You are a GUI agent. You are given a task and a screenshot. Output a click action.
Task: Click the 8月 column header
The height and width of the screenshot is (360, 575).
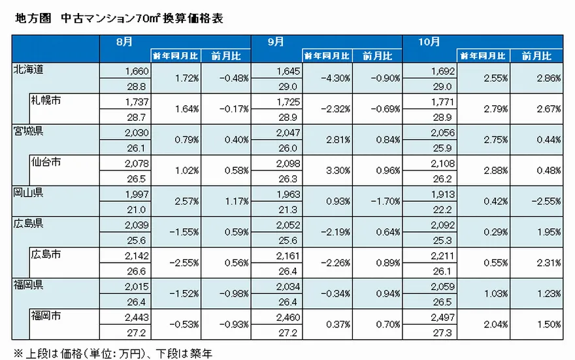(x=123, y=41)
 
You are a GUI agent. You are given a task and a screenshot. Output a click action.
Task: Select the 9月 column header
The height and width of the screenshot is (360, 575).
(x=276, y=41)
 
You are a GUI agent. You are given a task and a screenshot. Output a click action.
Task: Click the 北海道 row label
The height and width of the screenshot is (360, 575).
(x=28, y=69)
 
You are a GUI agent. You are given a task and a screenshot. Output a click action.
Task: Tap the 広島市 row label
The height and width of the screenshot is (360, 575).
(x=45, y=254)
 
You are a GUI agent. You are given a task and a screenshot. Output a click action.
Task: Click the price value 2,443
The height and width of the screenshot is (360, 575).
(x=133, y=317)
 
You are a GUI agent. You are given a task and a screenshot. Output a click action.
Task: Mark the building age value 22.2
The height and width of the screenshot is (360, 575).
(x=442, y=209)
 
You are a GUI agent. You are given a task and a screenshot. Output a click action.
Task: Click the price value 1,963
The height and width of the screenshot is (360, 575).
(x=286, y=194)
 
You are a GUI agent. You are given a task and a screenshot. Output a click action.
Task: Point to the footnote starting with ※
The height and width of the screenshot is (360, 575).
(x=112, y=353)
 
